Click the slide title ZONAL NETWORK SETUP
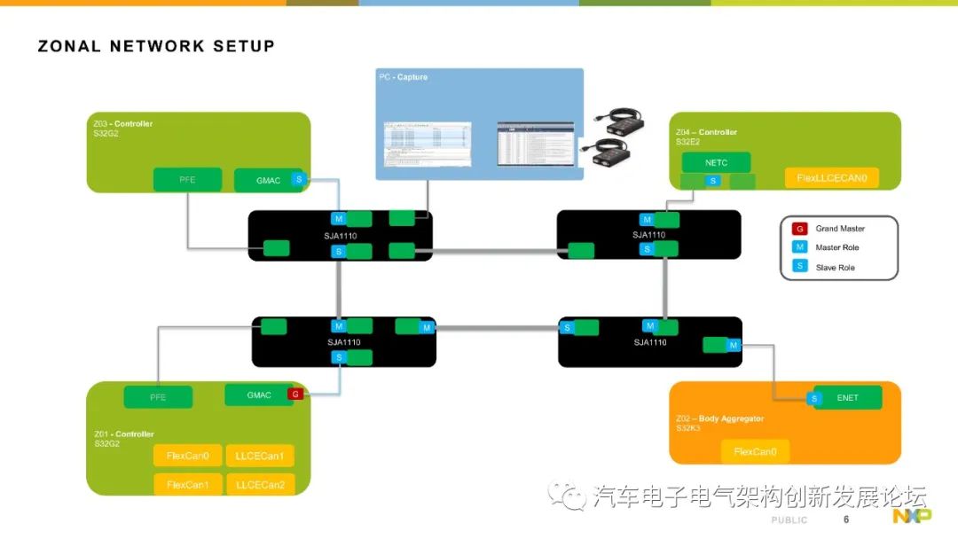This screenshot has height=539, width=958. tap(156, 46)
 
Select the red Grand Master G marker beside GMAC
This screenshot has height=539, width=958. tap(294, 394)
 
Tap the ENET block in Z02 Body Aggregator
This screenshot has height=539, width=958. tap(848, 398)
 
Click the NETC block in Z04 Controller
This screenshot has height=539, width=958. tap(716, 163)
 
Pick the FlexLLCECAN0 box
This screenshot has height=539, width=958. tap(831, 178)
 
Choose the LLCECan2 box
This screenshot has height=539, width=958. tap(260, 484)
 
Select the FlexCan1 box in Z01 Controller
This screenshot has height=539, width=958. tap(188, 484)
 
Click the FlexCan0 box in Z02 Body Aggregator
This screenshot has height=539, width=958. tap(755, 451)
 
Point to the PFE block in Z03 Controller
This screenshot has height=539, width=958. tap(187, 180)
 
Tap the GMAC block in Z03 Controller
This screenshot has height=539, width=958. tap(268, 180)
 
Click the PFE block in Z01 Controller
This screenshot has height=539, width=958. tap(158, 397)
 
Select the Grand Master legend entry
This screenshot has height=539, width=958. tap(839, 229)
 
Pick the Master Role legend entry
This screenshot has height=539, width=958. tap(836, 248)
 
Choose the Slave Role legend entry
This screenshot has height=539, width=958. tap(835, 268)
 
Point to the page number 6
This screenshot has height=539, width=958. tap(845, 519)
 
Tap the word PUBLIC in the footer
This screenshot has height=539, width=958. tap(789, 520)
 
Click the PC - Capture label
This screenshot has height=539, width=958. tap(403, 78)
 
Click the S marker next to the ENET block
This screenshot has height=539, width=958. tap(814, 399)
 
